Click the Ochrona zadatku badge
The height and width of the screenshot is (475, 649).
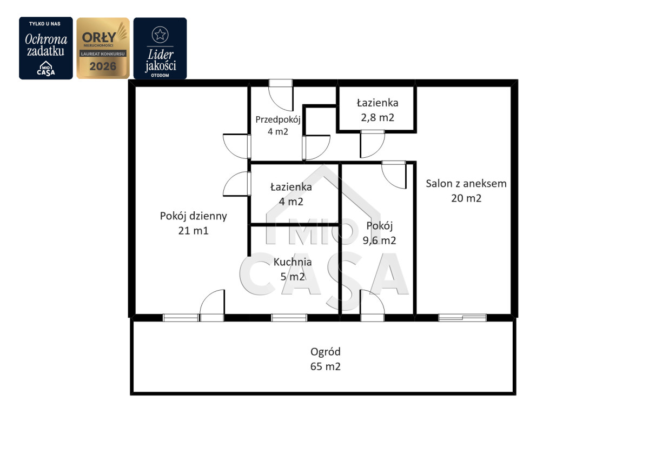coord(46,48)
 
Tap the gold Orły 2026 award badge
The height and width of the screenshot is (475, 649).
coord(103,48)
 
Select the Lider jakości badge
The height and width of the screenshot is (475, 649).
coord(160,48)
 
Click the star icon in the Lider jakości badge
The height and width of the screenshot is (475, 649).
coord(160,35)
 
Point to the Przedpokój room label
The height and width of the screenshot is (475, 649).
coord(278,120)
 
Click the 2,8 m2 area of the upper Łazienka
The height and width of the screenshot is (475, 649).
coord(378,117)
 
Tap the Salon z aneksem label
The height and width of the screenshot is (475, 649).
coord(466,184)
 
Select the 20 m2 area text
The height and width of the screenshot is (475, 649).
coord(466,198)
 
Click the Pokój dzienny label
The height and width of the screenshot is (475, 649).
coord(193,217)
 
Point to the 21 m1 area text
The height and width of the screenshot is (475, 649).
coord(193,231)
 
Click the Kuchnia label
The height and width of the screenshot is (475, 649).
coord(293,262)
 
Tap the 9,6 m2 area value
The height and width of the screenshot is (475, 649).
coord(379,240)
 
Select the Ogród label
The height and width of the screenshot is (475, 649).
coord(326,352)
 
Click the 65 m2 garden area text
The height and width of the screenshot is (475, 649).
coord(326,366)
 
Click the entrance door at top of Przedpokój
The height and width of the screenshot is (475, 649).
coord(281,95)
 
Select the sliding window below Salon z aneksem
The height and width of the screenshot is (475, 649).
coord(462,318)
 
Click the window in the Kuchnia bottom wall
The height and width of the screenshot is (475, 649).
coord(289,318)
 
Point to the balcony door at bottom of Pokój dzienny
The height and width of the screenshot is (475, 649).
coord(212,305)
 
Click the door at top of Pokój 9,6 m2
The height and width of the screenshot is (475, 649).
coord(394,175)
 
